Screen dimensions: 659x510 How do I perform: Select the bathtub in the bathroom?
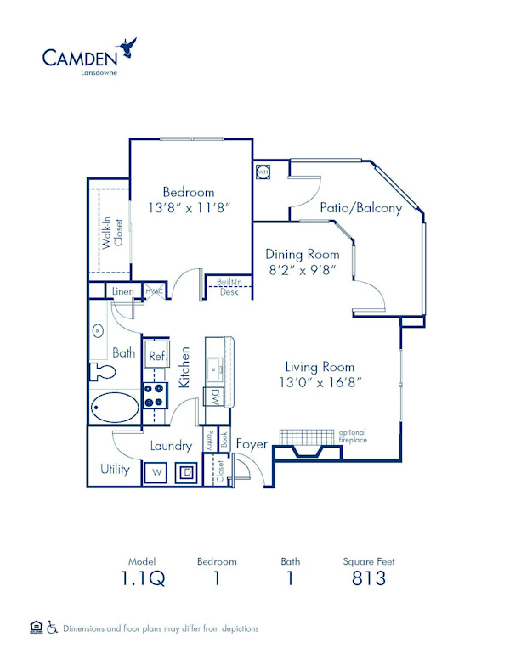pyautogui.click(x=116, y=408)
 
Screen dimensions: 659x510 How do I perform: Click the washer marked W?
pyautogui.click(x=157, y=471)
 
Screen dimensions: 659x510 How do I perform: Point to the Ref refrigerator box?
pyautogui.click(x=156, y=355)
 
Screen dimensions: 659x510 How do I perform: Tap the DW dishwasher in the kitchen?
pyautogui.click(x=216, y=396)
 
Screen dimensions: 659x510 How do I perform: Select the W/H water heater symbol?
pyautogui.click(x=263, y=172)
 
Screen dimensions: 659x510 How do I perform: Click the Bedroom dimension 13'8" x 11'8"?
pyautogui.click(x=189, y=208)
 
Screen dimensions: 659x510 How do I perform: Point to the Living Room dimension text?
pyautogui.click(x=320, y=382)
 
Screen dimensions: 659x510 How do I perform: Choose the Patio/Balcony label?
pyautogui.click(x=360, y=207)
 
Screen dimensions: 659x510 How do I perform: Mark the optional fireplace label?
pyautogui.click(x=352, y=436)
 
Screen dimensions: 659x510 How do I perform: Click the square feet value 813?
pyautogui.click(x=369, y=579)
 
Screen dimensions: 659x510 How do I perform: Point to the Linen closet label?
pyautogui.click(x=122, y=292)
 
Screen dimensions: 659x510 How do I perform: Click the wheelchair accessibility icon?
pyautogui.click(x=52, y=628)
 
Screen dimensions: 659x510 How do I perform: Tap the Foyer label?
pyautogui.click(x=252, y=444)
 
